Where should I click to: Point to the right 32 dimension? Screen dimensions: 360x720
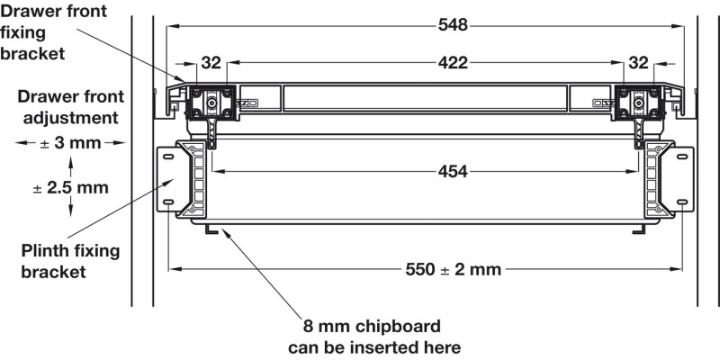[x=637, y=63]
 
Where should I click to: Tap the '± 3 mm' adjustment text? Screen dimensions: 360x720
[x=70, y=142]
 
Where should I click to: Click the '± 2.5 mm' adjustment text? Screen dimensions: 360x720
[x=70, y=188]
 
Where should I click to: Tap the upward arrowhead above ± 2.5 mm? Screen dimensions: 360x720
[x=71, y=160]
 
